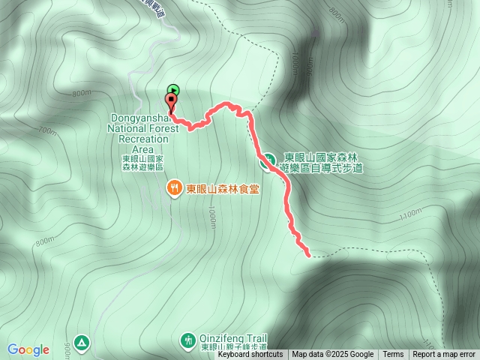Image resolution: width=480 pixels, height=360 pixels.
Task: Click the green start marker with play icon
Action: (173, 90)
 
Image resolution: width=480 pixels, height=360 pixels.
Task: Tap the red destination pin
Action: (172, 102)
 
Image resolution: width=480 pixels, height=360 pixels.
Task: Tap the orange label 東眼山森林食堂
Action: (223, 190)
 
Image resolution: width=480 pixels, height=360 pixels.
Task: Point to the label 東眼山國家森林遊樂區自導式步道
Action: (323, 163)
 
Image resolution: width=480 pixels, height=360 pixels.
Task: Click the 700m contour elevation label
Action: (46, 130)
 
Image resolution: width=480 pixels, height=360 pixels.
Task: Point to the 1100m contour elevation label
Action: (411, 215)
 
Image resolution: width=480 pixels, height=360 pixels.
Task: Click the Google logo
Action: (28, 349)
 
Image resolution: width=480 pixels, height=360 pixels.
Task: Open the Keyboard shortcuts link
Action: (250, 355)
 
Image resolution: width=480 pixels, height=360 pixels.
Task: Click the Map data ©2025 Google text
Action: (332, 355)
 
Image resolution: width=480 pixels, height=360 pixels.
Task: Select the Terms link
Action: (393, 355)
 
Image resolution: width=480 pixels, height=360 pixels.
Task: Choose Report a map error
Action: (444, 355)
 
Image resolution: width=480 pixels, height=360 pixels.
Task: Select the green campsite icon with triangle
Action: (82, 342)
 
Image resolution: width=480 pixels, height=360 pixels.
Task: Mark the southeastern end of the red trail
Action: (308, 255)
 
